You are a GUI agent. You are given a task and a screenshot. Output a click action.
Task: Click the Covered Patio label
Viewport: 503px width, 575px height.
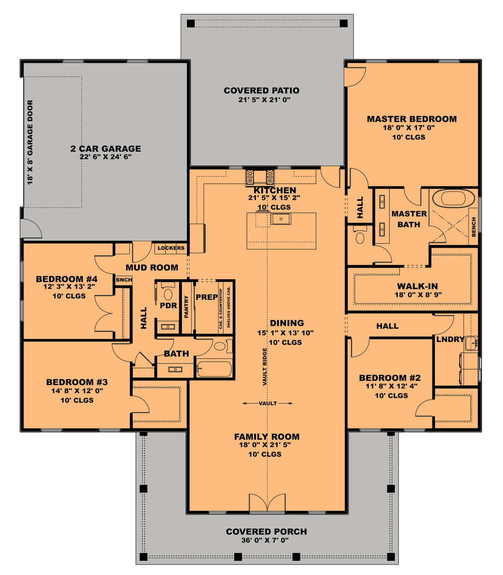[262, 91]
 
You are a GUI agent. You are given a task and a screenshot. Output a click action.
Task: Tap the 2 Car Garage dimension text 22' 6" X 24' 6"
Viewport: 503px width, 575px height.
[106, 157]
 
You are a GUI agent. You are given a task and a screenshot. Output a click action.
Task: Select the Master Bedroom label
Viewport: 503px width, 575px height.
[412, 119]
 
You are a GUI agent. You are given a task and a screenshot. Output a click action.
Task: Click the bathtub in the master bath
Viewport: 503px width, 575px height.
[454, 198]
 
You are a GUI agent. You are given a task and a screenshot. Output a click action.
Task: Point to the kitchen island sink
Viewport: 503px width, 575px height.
[281, 219]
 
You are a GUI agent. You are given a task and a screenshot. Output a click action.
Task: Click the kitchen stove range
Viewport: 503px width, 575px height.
[259, 177]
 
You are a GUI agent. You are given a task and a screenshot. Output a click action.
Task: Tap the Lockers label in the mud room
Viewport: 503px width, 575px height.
[171, 248]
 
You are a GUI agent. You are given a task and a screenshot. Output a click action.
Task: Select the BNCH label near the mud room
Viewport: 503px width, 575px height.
[124, 280]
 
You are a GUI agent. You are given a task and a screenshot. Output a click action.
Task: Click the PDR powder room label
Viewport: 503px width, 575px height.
[169, 306]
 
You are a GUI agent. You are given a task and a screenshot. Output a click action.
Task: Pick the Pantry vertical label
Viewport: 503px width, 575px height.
[187, 307]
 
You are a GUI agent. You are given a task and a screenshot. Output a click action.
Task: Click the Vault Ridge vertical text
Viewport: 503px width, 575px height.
[265, 367]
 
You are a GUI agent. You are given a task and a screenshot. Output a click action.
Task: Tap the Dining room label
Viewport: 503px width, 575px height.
[287, 323]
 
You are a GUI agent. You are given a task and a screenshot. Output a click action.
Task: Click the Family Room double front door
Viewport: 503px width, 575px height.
[267, 503]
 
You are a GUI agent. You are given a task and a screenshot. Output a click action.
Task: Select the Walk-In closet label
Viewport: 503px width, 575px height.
[417, 286]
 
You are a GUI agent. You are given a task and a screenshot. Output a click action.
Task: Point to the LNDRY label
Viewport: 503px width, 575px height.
[450, 339]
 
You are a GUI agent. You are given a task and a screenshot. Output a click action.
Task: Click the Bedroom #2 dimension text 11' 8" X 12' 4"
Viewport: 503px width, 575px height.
[392, 386]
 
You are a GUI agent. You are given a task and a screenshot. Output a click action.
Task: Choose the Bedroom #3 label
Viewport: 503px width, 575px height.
[77, 382]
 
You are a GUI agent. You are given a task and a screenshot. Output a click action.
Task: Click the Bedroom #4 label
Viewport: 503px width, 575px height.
[67, 279]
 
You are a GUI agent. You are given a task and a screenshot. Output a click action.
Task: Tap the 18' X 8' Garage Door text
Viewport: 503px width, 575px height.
[30, 142]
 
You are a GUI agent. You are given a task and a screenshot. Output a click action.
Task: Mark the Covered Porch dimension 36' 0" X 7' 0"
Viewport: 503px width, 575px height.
[265, 540]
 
